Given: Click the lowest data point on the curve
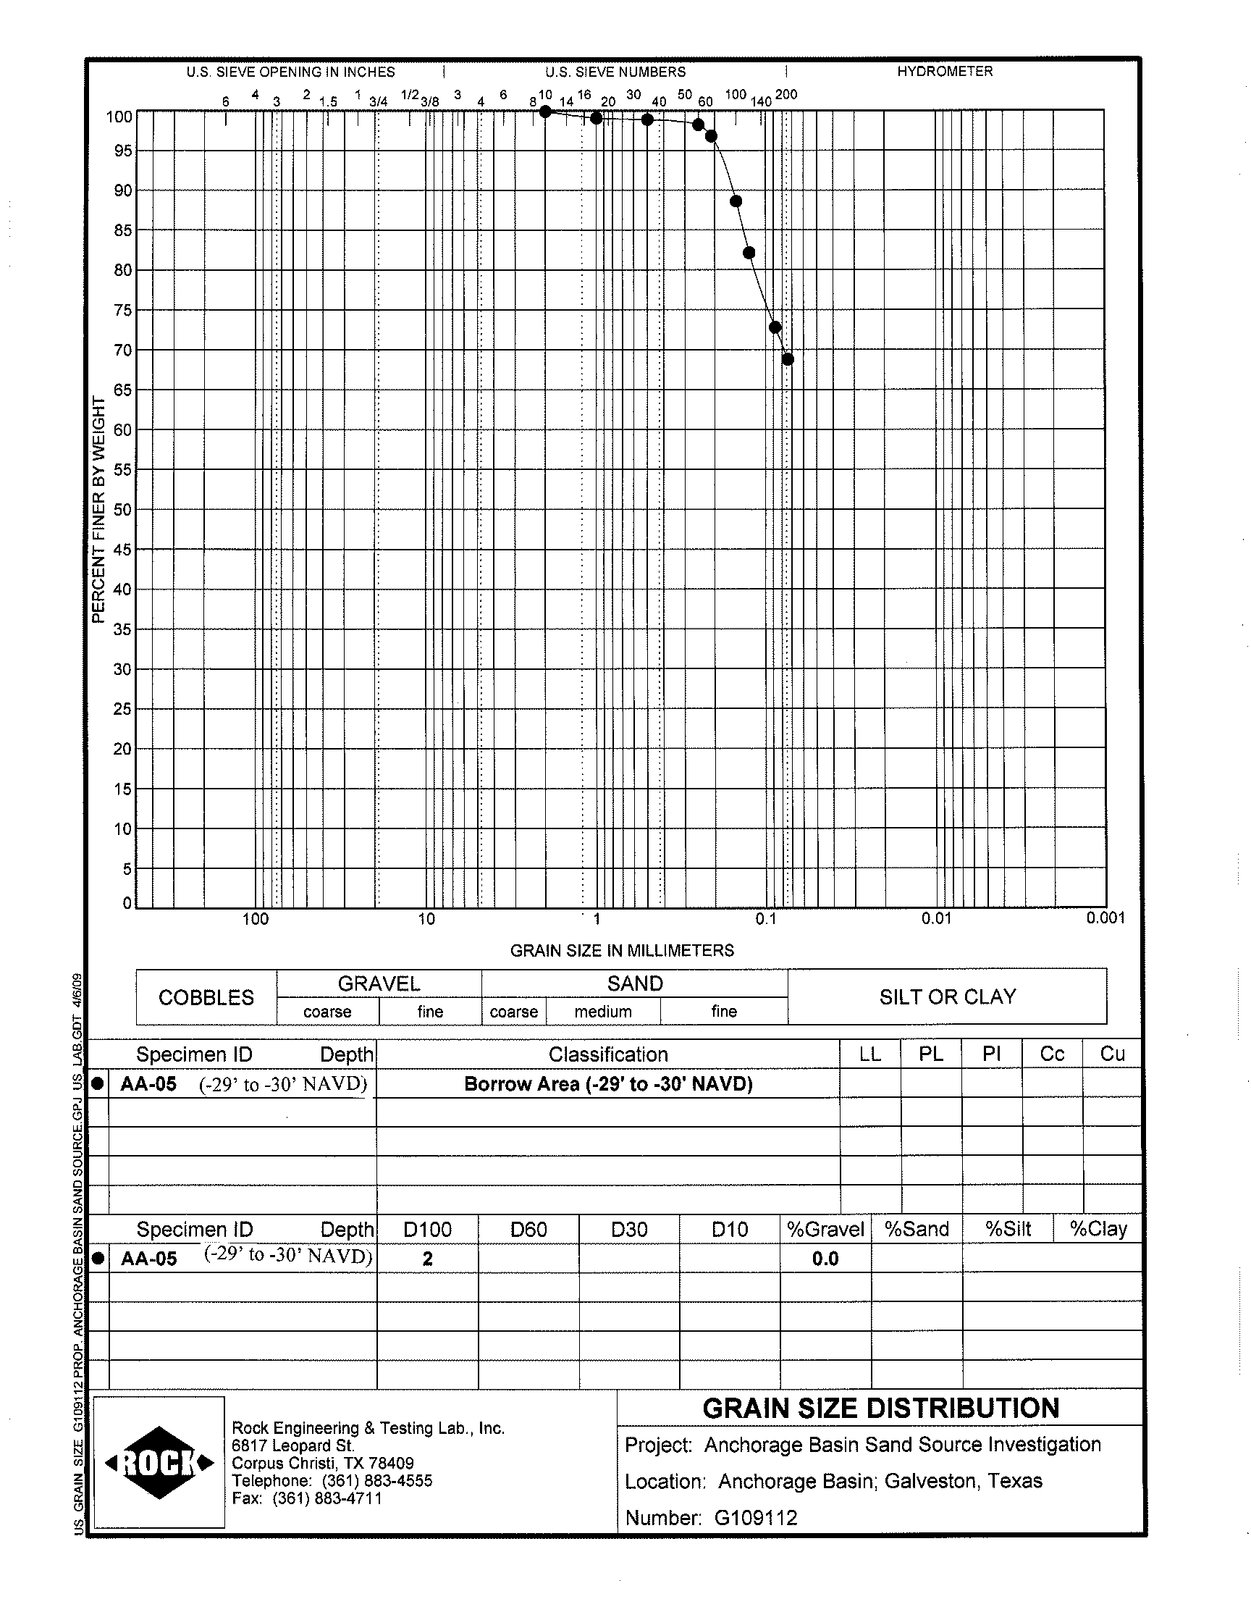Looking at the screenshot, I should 788,359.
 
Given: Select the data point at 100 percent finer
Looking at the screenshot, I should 545,112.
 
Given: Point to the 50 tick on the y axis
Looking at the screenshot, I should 122,510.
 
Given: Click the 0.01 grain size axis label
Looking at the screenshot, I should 936,918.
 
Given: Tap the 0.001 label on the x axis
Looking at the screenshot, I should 1105,918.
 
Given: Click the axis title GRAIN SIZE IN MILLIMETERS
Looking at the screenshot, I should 622,951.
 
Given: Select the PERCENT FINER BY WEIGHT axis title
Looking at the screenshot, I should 99,510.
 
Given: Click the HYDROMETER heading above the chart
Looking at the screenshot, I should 945,72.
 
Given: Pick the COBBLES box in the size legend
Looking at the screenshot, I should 206,998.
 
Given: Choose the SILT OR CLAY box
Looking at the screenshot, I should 948,997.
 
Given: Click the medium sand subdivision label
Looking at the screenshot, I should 603,1012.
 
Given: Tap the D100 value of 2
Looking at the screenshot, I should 428,1259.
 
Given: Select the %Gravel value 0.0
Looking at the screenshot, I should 825,1259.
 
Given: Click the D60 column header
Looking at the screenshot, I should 528,1229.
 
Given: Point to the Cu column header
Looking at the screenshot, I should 1112,1054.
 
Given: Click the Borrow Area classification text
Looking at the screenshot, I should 608,1084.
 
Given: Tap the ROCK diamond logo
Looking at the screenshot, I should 160,1463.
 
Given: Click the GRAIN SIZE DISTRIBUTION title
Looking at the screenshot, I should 880,1409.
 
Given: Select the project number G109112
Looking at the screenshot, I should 756,1518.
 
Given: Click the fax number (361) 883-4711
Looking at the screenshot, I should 327,1498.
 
